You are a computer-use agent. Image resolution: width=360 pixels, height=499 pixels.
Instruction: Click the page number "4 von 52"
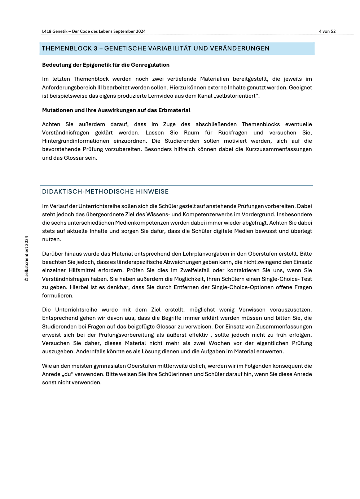click(327, 31)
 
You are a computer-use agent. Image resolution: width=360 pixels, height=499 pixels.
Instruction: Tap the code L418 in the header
click(47, 31)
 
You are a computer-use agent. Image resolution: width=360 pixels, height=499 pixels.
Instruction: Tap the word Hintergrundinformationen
click(75, 141)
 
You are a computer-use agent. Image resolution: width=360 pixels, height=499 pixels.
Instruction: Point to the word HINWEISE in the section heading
click(152, 191)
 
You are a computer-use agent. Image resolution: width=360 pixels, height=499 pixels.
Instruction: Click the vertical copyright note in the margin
click(26, 259)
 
